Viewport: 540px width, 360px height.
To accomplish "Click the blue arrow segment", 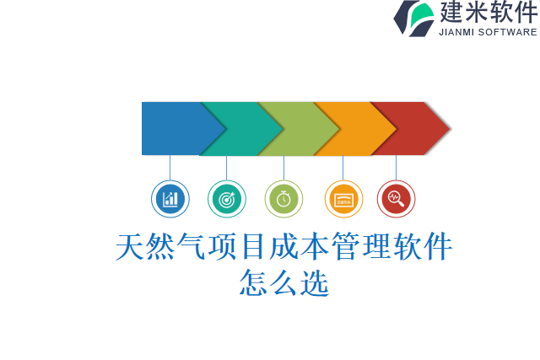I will tap(173, 128).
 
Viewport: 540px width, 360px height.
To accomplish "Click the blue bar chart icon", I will tap(170, 199).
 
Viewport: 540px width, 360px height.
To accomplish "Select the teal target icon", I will tap(226, 199).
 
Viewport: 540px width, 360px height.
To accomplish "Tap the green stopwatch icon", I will tap(283, 199).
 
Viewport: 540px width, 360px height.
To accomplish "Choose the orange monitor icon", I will tap(343, 199).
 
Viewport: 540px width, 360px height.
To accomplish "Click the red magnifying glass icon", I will tap(396, 199).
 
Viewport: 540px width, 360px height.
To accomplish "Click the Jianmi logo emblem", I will tap(413, 18).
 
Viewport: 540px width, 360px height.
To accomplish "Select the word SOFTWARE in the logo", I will tap(508, 32).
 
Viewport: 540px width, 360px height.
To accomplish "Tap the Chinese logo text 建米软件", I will tap(488, 13).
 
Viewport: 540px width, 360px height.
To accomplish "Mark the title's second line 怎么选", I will tap(284, 282).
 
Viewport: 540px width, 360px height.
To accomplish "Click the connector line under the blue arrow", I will tap(170, 167).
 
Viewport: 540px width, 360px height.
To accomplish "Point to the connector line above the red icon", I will tap(396, 167).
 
